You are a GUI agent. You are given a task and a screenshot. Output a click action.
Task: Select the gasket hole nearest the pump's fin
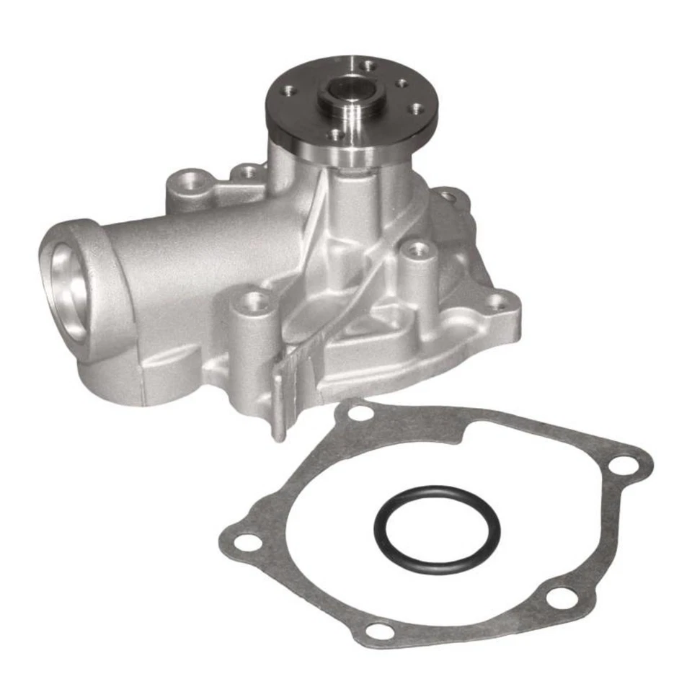pos(358,414)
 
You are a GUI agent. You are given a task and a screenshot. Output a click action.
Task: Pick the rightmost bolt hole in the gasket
pos(622,466)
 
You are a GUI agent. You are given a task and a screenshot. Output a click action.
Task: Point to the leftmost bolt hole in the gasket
pos(247,542)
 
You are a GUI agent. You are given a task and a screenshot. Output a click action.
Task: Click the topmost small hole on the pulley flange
pos(367,66)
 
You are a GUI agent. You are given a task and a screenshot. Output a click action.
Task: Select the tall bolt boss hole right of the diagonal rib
pos(417,250)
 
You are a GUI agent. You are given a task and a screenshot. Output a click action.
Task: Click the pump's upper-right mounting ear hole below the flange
pos(451,195)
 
